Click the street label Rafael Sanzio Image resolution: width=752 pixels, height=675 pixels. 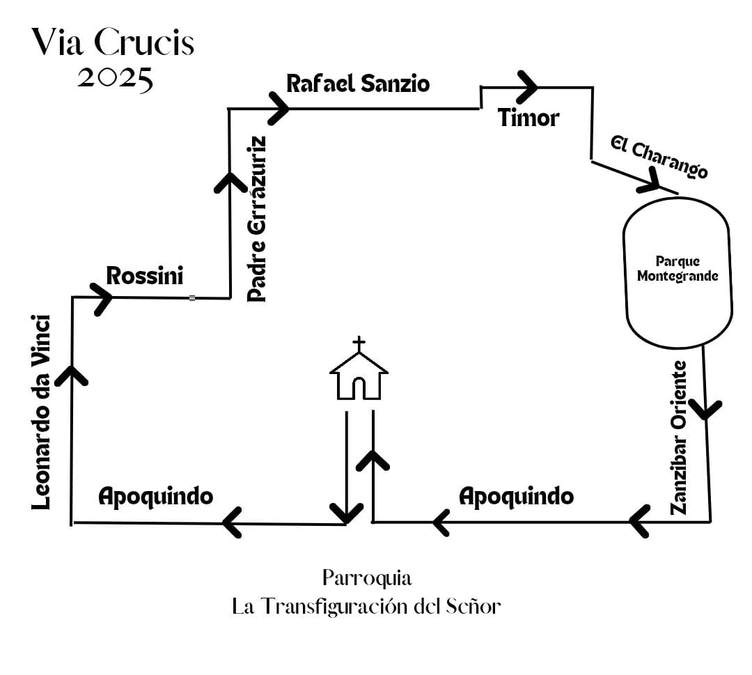pyautogui.click(x=358, y=84)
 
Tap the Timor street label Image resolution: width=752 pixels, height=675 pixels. pyautogui.click(x=528, y=118)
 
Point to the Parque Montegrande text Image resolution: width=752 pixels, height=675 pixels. pyautogui.click(x=677, y=269)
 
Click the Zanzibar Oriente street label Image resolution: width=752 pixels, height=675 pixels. pyautogui.click(x=680, y=437)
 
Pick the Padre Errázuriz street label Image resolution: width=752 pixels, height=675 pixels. pyautogui.click(x=257, y=219)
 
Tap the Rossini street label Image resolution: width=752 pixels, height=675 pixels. pyautogui.click(x=145, y=276)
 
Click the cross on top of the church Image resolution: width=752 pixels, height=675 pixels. pyautogui.click(x=359, y=344)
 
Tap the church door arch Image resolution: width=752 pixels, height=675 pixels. pyautogui.click(x=359, y=387)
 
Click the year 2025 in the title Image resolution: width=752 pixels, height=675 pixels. pyautogui.click(x=115, y=78)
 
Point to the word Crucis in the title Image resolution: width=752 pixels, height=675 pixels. pyautogui.click(x=143, y=43)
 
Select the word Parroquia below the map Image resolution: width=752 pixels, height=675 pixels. pyautogui.click(x=367, y=578)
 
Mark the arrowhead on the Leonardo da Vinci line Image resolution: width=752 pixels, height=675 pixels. pyautogui.click(x=72, y=375)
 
